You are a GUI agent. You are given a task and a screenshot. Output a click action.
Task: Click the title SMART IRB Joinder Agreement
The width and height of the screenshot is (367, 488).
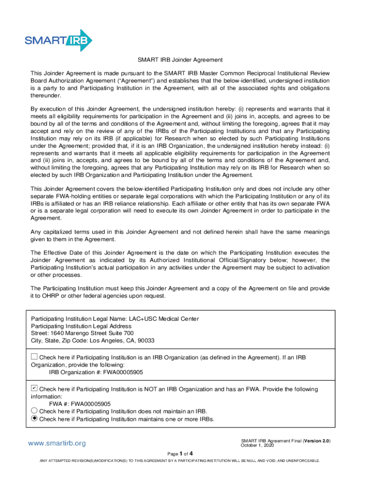pos(180,60)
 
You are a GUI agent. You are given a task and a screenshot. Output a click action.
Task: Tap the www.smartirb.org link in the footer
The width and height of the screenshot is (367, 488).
pos(57,443)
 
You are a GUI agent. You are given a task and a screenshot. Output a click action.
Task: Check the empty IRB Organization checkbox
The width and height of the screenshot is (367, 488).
pos(34,356)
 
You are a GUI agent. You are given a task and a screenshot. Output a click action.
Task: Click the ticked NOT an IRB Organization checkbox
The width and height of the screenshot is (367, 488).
pos(34,388)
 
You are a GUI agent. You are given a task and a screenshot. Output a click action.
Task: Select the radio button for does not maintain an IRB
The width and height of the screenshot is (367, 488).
pos(34,411)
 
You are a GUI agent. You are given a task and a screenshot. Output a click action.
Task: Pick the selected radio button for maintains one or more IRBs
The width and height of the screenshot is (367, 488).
pos(34,418)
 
